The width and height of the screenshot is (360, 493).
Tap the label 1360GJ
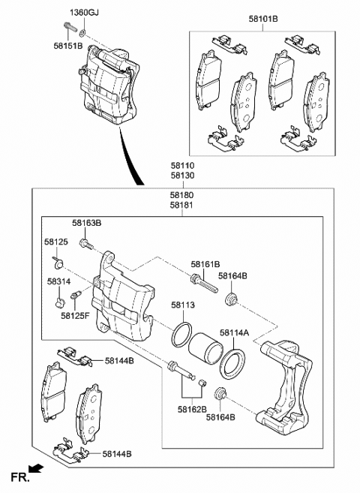point(83,13)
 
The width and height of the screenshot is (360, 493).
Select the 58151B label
point(68,46)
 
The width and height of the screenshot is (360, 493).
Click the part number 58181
point(182,205)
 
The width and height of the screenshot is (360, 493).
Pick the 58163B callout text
point(87,223)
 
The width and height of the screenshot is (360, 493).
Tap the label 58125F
point(76,316)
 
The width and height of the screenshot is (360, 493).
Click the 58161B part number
point(205,264)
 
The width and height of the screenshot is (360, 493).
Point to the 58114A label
point(235,333)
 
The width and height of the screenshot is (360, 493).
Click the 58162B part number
point(193,409)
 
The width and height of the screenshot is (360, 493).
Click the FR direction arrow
point(36,470)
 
